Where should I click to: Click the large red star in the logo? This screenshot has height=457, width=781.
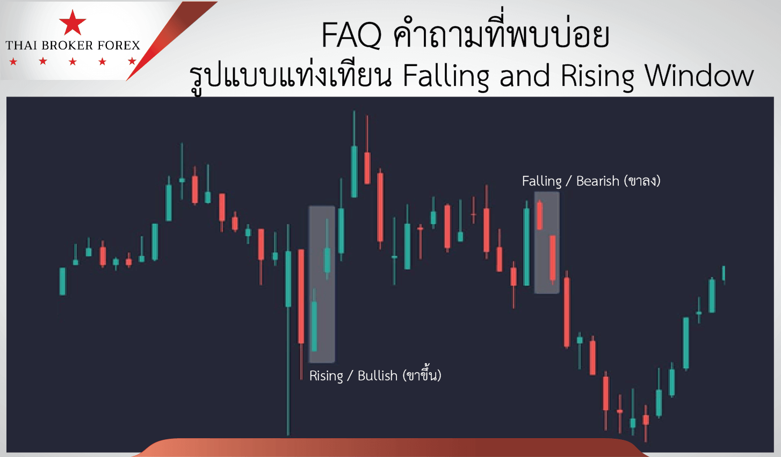tap(73, 23)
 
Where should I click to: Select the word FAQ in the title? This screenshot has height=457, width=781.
tap(351, 35)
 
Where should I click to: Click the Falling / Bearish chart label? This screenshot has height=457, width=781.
tap(591, 181)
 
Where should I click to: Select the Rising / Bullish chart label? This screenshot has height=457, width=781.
tap(375, 375)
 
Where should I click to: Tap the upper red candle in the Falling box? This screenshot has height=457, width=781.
tap(540, 215)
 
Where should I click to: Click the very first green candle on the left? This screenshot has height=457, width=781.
tap(63, 281)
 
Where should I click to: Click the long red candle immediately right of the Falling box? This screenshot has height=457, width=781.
tap(567, 312)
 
